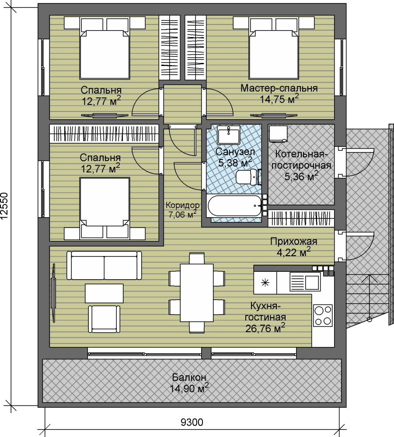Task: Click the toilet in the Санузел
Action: tap(247, 177)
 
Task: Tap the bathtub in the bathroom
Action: tap(234, 206)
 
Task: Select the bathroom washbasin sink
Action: tap(228, 135)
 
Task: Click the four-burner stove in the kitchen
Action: tap(323, 315)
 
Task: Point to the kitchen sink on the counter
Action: tap(305, 281)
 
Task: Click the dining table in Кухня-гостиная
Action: tap(197, 293)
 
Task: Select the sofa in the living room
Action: tap(104, 265)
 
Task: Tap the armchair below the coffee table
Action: tap(104, 319)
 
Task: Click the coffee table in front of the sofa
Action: tap(104, 293)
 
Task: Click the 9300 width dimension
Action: tap(192, 422)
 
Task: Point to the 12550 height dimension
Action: tap(5, 206)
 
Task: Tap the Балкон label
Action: tap(189, 378)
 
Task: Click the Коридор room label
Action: tap(182, 205)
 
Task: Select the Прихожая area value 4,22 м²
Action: tap(293, 252)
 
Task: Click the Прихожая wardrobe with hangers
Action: tap(301, 218)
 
